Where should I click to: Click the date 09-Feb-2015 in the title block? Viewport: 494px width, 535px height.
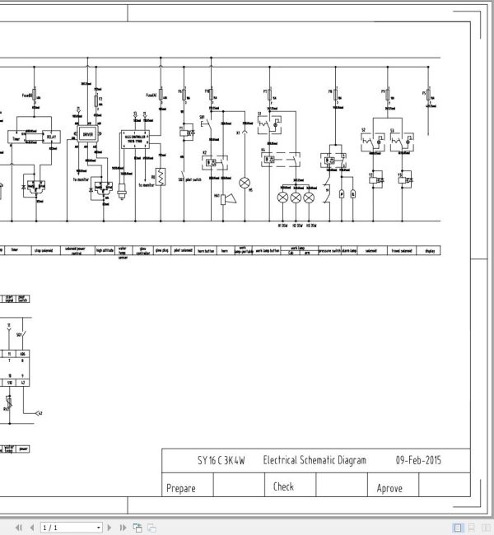(x=418, y=460)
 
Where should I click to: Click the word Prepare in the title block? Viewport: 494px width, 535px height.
(x=181, y=488)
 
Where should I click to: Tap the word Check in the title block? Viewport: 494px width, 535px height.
(x=283, y=486)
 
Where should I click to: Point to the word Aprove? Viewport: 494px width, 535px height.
(x=389, y=488)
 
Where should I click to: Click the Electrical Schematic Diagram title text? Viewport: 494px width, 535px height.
(x=315, y=460)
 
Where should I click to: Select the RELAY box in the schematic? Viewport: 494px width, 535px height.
(x=52, y=136)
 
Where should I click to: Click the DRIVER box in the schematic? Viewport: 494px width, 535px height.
(x=88, y=133)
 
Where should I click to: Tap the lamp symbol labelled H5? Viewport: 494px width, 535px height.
(x=245, y=181)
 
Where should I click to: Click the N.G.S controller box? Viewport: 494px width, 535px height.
(x=134, y=136)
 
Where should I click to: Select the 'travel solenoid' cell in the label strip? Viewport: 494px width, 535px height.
(x=401, y=250)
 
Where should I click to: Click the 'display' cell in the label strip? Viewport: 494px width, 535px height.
(x=430, y=250)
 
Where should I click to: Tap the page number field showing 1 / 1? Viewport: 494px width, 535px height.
(x=70, y=527)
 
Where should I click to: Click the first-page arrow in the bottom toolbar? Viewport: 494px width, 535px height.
(x=18, y=527)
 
